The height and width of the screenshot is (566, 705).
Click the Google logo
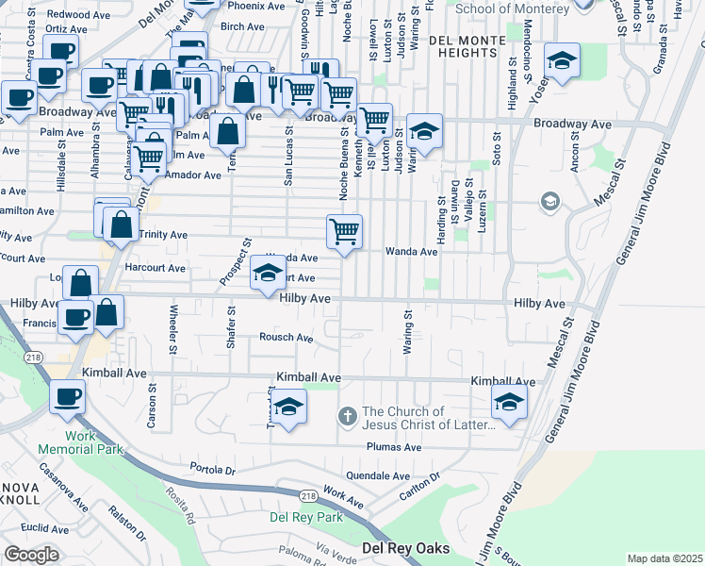[31, 555]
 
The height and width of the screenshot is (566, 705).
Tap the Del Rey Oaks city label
[406, 548]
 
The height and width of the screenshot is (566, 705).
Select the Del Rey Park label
[306, 517]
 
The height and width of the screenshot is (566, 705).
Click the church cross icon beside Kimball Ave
[348, 416]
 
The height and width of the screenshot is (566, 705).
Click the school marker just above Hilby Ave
[268, 275]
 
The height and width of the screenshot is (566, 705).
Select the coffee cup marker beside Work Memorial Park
[66, 398]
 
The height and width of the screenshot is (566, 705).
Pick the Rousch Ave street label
[287, 338]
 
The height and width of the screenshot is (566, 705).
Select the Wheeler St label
[173, 328]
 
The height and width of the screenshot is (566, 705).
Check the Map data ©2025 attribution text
[664, 558]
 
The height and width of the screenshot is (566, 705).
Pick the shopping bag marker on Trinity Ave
[122, 225]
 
